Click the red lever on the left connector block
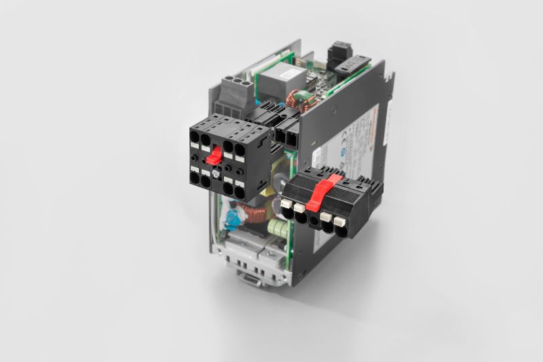point(212,157)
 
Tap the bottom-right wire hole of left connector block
point(242,193)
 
